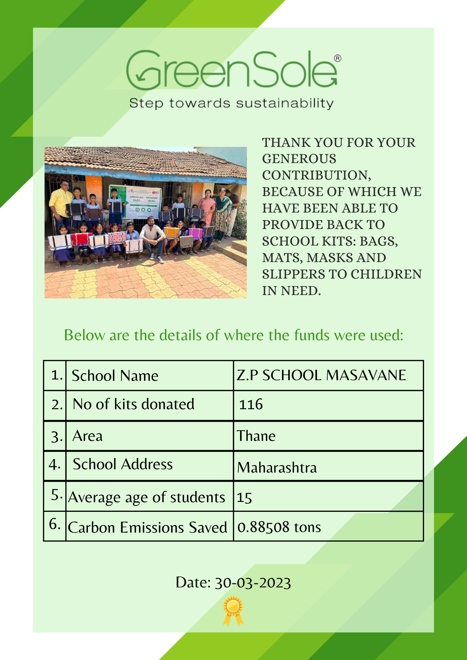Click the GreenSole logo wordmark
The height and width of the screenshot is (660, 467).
(231, 70)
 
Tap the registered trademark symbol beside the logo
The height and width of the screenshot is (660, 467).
(338, 59)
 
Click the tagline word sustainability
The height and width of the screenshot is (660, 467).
(285, 103)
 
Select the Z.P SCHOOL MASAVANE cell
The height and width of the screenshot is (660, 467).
(321, 375)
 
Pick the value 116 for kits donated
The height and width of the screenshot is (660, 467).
(251, 405)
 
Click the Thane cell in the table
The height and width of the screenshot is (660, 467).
(256, 436)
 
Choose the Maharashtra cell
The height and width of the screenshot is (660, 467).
(277, 468)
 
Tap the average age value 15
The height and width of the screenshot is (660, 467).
(244, 498)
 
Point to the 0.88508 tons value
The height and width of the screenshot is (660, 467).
(279, 527)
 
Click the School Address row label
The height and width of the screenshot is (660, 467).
(123, 464)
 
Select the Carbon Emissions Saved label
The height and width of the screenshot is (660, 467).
(147, 527)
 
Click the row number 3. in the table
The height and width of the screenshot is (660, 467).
(57, 437)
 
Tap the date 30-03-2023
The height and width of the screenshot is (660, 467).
(253, 583)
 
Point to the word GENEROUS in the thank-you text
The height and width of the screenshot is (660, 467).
(299, 159)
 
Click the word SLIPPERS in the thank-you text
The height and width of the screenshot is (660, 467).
(304, 274)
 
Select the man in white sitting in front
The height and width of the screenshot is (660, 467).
(152, 237)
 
